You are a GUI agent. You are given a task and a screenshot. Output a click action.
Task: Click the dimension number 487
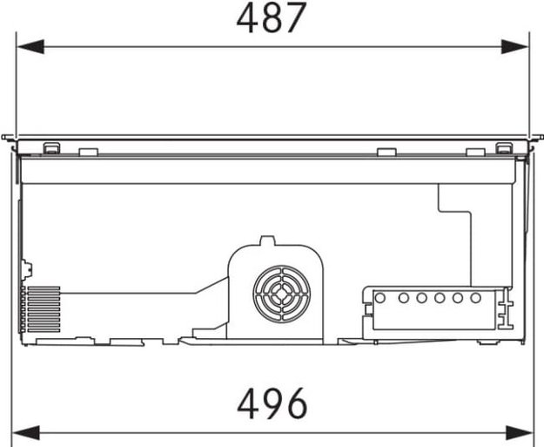pyautogui.click(x=272, y=17)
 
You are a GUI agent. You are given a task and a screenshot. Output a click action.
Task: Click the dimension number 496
pyautogui.click(x=272, y=403)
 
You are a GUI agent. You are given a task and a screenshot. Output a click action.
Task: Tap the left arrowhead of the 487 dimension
pyautogui.click(x=30, y=46)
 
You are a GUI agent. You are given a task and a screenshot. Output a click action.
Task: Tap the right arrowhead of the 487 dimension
pyautogui.click(x=515, y=46)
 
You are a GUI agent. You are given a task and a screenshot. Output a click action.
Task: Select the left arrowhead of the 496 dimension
pyautogui.click(x=26, y=433)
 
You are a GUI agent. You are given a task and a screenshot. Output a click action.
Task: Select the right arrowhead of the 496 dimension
pyautogui.click(x=519, y=433)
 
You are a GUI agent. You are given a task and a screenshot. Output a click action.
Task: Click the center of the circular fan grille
pyautogui.click(x=282, y=295)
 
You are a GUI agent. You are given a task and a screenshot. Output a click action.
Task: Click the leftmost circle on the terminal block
pyautogui.click(x=380, y=298)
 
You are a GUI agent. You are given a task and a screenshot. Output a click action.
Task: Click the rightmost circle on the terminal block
pyautogui.click(x=475, y=298)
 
